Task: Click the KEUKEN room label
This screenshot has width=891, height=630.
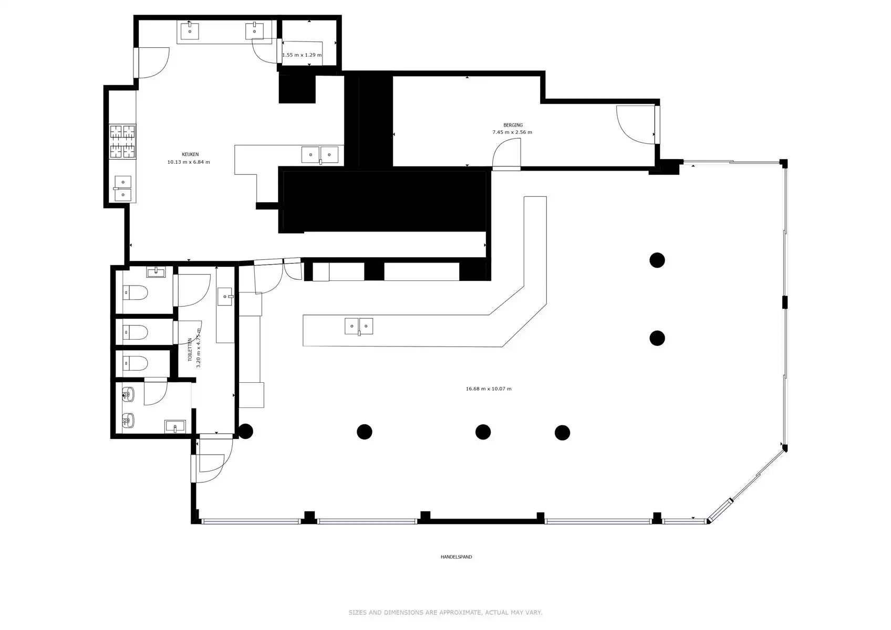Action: click(x=190, y=154)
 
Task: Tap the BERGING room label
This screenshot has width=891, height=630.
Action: click(x=513, y=125)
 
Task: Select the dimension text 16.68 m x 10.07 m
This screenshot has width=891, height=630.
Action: click(x=488, y=389)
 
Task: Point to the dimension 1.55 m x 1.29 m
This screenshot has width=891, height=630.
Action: click(x=302, y=55)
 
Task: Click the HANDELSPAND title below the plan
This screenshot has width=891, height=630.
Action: click(x=456, y=557)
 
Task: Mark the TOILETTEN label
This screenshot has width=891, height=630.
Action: click(x=190, y=350)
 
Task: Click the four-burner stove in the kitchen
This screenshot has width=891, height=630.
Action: click(x=122, y=141)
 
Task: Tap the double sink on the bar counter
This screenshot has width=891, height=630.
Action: click(x=359, y=326)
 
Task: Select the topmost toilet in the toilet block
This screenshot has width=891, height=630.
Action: click(x=135, y=292)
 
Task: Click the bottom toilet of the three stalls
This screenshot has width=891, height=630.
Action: click(x=135, y=363)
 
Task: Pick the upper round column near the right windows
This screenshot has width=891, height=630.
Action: click(x=657, y=260)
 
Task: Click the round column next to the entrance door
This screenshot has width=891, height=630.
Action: click(x=245, y=432)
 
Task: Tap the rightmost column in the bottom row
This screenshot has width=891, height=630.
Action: click(x=562, y=433)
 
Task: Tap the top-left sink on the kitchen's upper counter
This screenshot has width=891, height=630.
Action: click(x=190, y=30)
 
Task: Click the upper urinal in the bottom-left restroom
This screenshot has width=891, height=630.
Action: click(x=128, y=394)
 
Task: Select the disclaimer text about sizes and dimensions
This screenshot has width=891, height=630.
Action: click(x=445, y=613)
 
